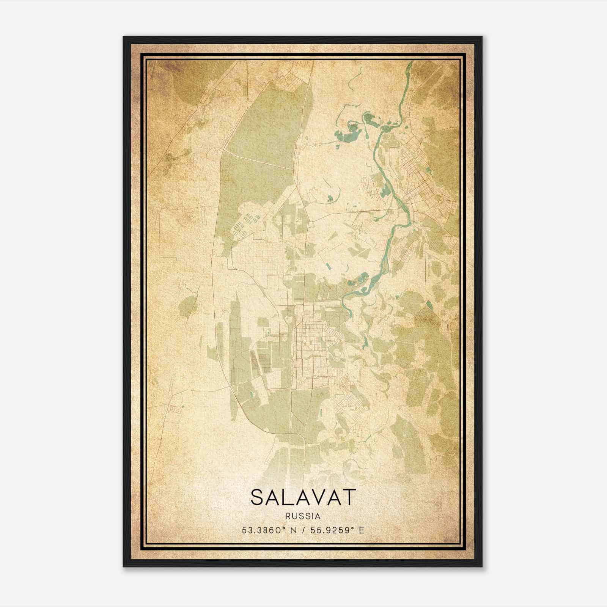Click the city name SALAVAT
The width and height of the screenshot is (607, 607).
click(303, 497)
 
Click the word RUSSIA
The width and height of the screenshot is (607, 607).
click(303, 516)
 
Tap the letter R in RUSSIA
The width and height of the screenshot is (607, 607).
click(289, 516)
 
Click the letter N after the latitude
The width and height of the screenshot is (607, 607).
click(292, 530)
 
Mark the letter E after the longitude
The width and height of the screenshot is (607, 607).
click(362, 530)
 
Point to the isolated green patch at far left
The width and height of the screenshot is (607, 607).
click(188, 305)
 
